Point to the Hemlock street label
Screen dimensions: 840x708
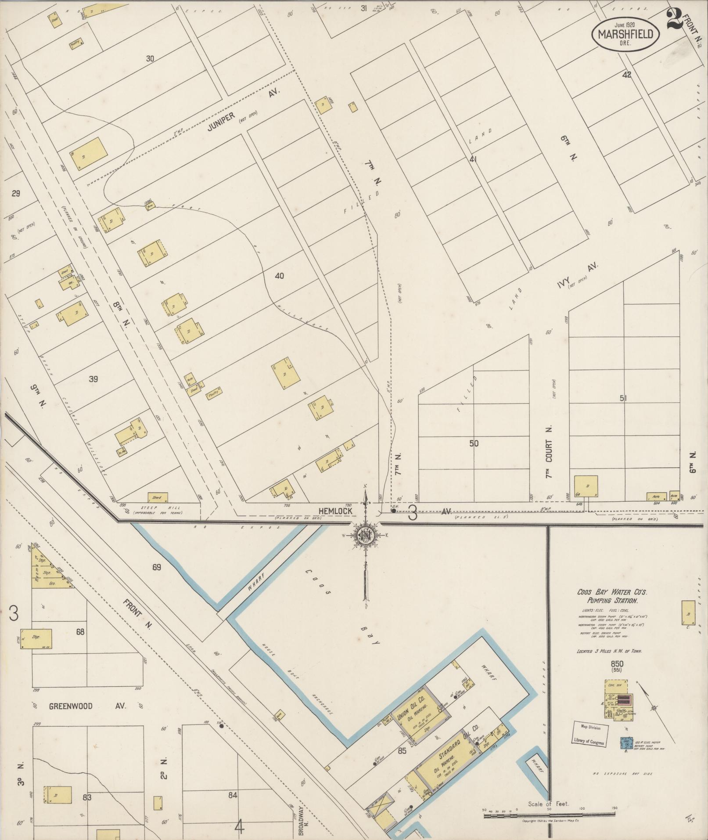click(x=335, y=512)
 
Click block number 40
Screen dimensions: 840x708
click(x=279, y=276)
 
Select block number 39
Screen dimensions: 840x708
click(x=93, y=379)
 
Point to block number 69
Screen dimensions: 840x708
click(x=157, y=567)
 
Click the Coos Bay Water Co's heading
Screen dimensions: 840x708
click(x=613, y=596)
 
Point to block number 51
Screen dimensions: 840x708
click(x=623, y=398)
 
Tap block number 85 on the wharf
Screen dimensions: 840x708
click(x=402, y=751)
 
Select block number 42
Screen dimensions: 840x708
click(x=626, y=75)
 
